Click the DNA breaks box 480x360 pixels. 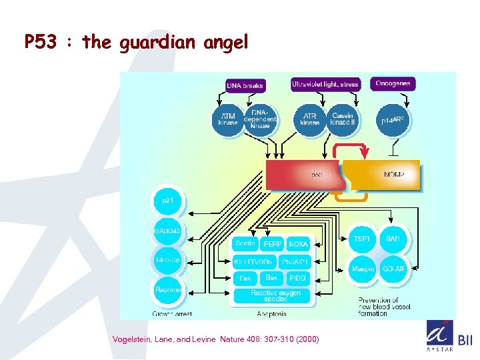pyautogui.click(x=245, y=85)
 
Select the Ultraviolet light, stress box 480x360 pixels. pyautogui.click(x=325, y=84)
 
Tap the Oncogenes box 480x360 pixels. pyautogui.click(x=393, y=83)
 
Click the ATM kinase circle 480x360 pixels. pyautogui.click(x=228, y=120)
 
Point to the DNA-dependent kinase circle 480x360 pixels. pyautogui.click(x=261, y=119)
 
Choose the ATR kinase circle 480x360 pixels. pyautogui.click(x=310, y=119)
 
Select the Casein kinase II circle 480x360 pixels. pyautogui.click(x=343, y=119)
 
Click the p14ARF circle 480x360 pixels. pyautogui.click(x=393, y=121)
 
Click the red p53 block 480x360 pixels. pyautogui.click(x=303, y=175)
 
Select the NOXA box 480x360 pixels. pyautogui.click(x=298, y=245)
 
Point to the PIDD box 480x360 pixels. pyautogui.click(x=297, y=277)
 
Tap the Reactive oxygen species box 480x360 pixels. pyautogui.click(x=275, y=296)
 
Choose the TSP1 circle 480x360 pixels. pyautogui.click(x=362, y=238)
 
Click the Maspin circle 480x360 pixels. pyautogui.click(x=362, y=269)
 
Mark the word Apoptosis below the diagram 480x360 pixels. pyautogui.click(x=271, y=314)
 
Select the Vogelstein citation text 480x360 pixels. pyautogui.click(x=216, y=339)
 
